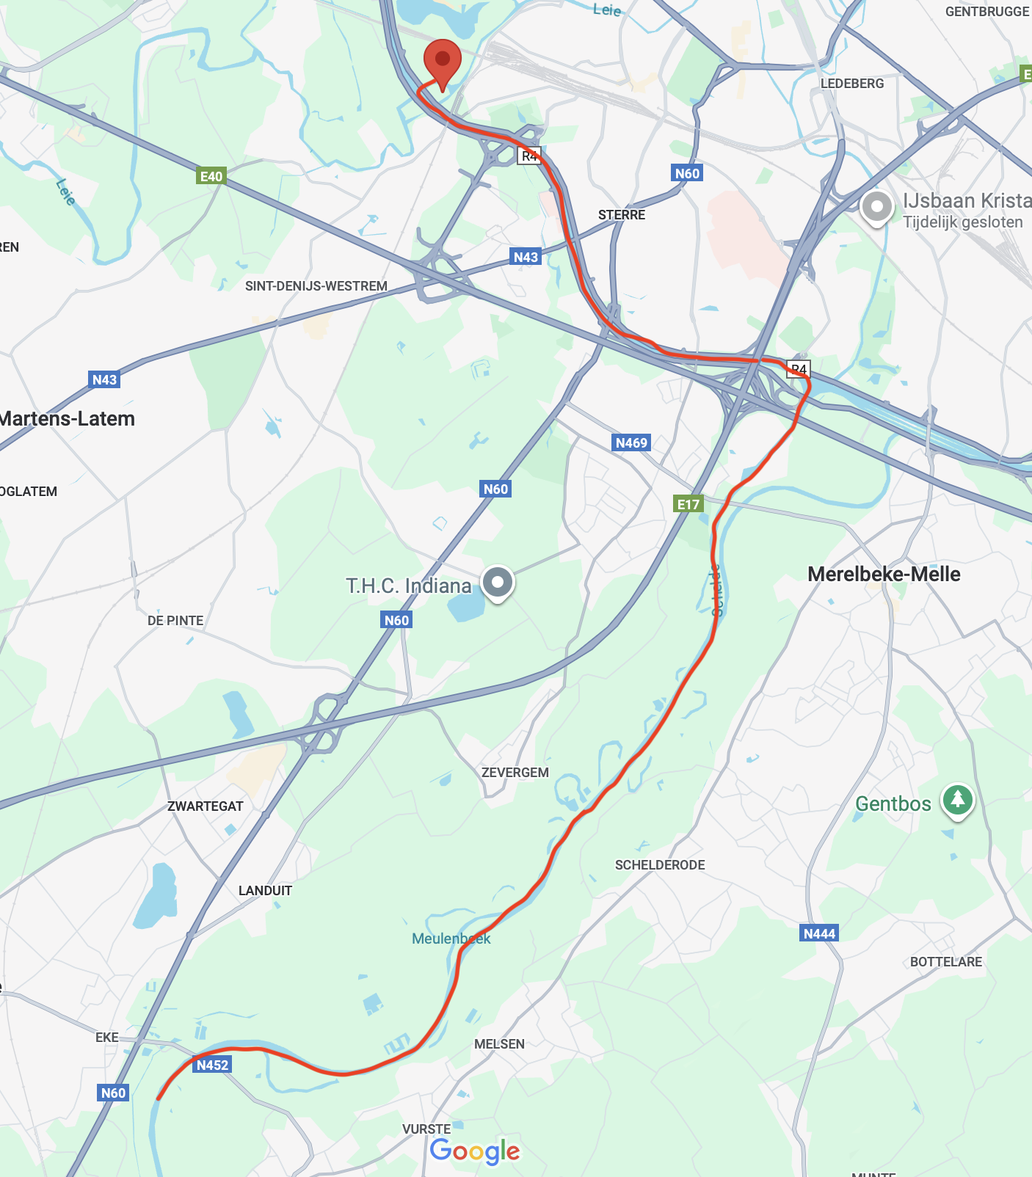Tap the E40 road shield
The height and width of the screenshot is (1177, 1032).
click(211, 176)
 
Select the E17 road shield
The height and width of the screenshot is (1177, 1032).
click(688, 503)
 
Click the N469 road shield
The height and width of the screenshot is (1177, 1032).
click(631, 442)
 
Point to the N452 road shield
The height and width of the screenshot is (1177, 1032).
click(213, 1065)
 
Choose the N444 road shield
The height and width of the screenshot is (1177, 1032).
click(819, 933)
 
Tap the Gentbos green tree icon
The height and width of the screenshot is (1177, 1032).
click(957, 799)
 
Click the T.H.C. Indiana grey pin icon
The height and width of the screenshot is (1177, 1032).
click(498, 583)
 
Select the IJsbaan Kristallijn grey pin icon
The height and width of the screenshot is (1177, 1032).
click(876, 207)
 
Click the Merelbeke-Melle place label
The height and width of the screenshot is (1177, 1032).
click(884, 574)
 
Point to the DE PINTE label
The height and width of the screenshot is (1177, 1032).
click(175, 621)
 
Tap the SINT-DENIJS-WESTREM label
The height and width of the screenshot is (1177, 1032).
click(316, 286)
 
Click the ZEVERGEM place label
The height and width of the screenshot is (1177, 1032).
click(515, 773)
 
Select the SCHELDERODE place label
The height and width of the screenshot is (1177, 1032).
click(660, 865)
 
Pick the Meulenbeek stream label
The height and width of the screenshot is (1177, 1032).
click(451, 939)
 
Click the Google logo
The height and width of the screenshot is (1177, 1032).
click(475, 1151)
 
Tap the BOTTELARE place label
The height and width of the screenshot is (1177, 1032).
click(945, 962)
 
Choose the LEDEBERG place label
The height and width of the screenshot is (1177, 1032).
click(852, 84)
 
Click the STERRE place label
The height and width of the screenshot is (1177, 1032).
click(622, 215)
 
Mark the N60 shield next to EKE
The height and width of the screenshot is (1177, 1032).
click(113, 1093)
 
